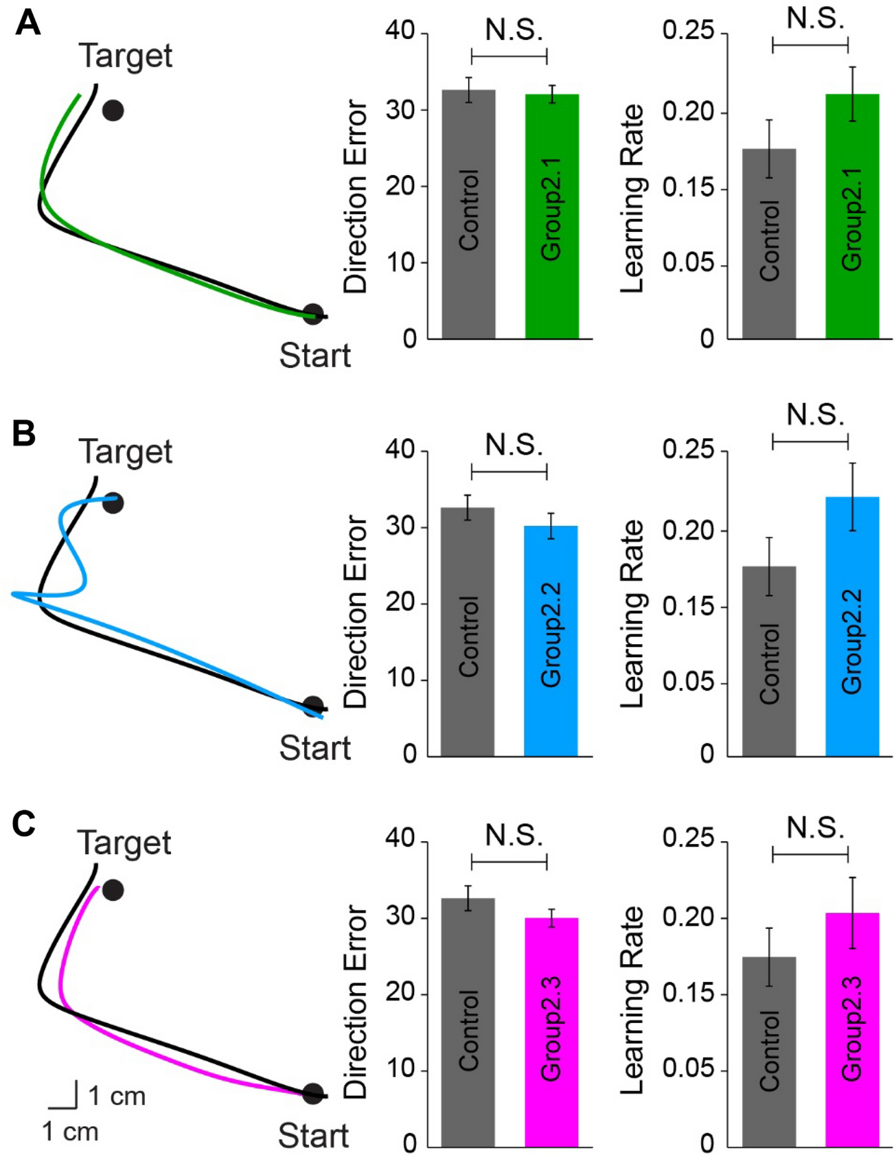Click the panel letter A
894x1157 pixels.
coord(28,23)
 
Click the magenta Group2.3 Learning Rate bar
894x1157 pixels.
coord(852,1029)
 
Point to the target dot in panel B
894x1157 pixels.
coord(113,503)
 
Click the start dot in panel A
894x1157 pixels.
coord(313,314)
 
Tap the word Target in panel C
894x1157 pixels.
coord(124,843)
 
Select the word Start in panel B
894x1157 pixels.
coord(314,748)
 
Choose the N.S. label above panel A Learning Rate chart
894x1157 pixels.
coord(815,19)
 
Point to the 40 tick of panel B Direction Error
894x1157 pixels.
coord(400,450)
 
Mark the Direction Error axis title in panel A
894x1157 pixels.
coord(356,196)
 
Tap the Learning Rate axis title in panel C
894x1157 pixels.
coord(632,1000)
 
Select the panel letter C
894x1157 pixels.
coord(24,824)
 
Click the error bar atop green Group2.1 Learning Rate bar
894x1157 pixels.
coord(852,94)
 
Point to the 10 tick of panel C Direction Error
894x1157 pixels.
coord(400,1069)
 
